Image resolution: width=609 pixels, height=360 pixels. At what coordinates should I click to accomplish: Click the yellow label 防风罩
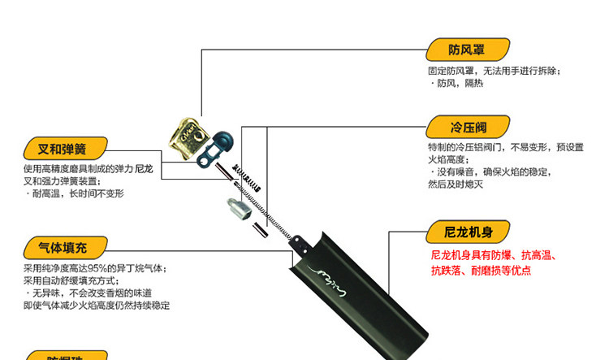pyautogui.click(x=456, y=50)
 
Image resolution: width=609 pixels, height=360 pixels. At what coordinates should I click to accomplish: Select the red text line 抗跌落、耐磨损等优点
pyautogui.click(x=481, y=271)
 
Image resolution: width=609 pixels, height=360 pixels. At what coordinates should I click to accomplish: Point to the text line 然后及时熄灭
pyautogui.click(x=455, y=184)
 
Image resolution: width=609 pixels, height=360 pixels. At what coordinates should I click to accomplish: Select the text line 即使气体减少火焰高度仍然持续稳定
pyautogui.click(x=97, y=306)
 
